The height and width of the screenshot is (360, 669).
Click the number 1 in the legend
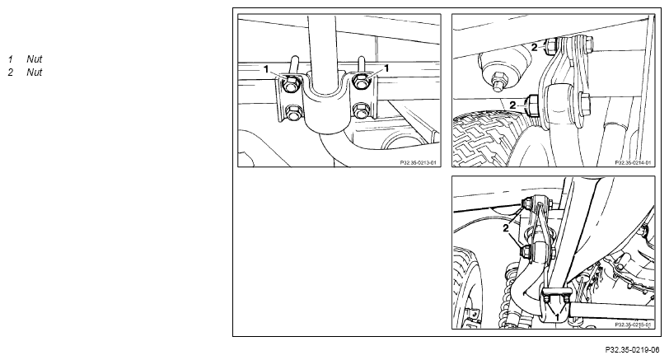(x=11, y=59)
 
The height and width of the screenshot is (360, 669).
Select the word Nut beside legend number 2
(x=34, y=72)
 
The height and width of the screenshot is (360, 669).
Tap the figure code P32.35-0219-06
(x=632, y=350)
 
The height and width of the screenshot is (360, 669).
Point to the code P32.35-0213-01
(x=419, y=162)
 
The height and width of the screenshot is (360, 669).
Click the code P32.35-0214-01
(x=633, y=162)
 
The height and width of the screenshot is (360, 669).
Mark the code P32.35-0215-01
(x=633, y=325)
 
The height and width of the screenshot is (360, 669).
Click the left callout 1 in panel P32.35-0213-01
(x=266, y=69)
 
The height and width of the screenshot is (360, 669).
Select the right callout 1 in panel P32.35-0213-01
(x=386, y=68)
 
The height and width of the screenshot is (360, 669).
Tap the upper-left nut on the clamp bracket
(x=292, y=83)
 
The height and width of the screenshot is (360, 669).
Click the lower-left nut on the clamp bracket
(x=292, y=113)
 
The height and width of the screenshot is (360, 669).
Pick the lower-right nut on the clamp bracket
(x=361, y=110)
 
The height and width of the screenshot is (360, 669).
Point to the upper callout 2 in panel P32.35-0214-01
(x=534, y=48)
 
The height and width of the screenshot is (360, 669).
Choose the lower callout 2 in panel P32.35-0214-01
(x=512, y=105)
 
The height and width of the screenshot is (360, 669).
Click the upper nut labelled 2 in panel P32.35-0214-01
(x=550, y=44)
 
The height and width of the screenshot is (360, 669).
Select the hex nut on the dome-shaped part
(x=498, y=81)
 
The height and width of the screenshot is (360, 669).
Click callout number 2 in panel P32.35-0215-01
(x=506, y=228)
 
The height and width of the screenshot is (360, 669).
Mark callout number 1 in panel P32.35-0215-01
(x=557, y=316)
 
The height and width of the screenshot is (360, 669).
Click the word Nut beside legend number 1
(x=34, y=59)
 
